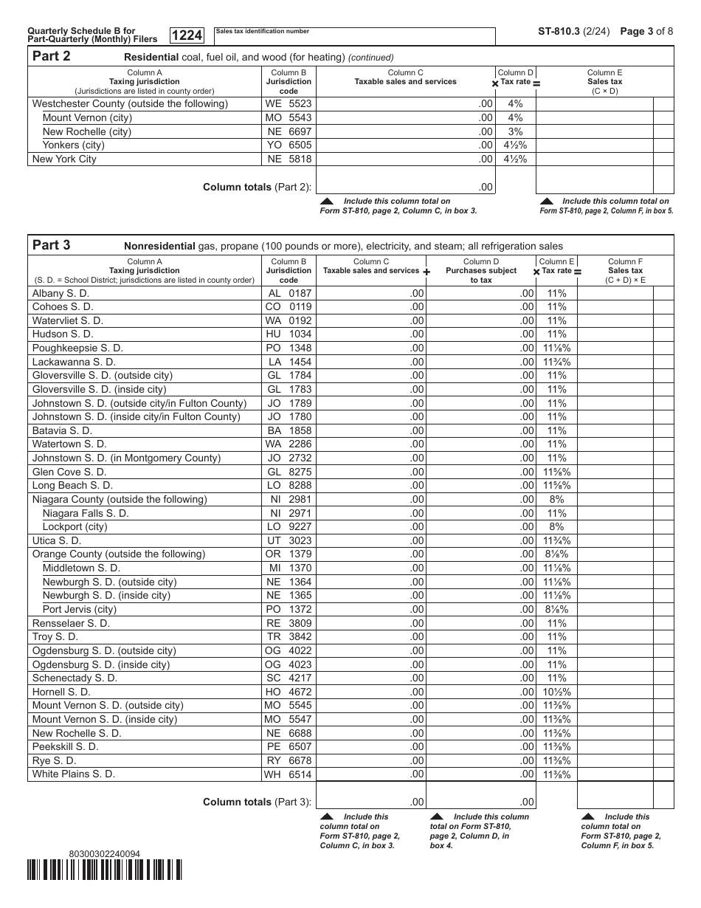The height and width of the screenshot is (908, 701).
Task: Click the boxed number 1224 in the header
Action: [187, 35]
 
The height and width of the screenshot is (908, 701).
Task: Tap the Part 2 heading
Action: [51, 57]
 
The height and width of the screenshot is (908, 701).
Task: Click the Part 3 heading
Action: [51, 246]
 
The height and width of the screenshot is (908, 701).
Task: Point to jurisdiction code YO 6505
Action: [289, 145]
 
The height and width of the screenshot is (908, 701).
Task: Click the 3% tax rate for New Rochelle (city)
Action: [515, 131]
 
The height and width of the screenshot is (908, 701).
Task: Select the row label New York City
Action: [64, 159]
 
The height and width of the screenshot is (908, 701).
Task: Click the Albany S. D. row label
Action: [61, 293]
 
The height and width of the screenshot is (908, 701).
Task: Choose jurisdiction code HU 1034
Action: [289, 334]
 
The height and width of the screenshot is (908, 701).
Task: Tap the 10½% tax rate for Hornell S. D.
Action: [556, 692]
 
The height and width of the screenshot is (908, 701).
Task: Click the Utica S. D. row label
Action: [56, 540]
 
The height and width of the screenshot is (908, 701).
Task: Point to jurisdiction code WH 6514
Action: [288, 774]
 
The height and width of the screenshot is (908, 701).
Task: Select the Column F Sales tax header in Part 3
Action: [625, 270]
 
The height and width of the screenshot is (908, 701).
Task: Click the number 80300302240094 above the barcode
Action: [104, 853]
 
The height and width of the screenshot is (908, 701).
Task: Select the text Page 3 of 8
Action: [646, 32]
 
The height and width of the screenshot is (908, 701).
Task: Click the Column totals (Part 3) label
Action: [257, 802]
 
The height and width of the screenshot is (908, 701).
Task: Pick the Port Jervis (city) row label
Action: [75, 609]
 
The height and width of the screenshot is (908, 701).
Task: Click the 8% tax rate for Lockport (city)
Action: [556, 527]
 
